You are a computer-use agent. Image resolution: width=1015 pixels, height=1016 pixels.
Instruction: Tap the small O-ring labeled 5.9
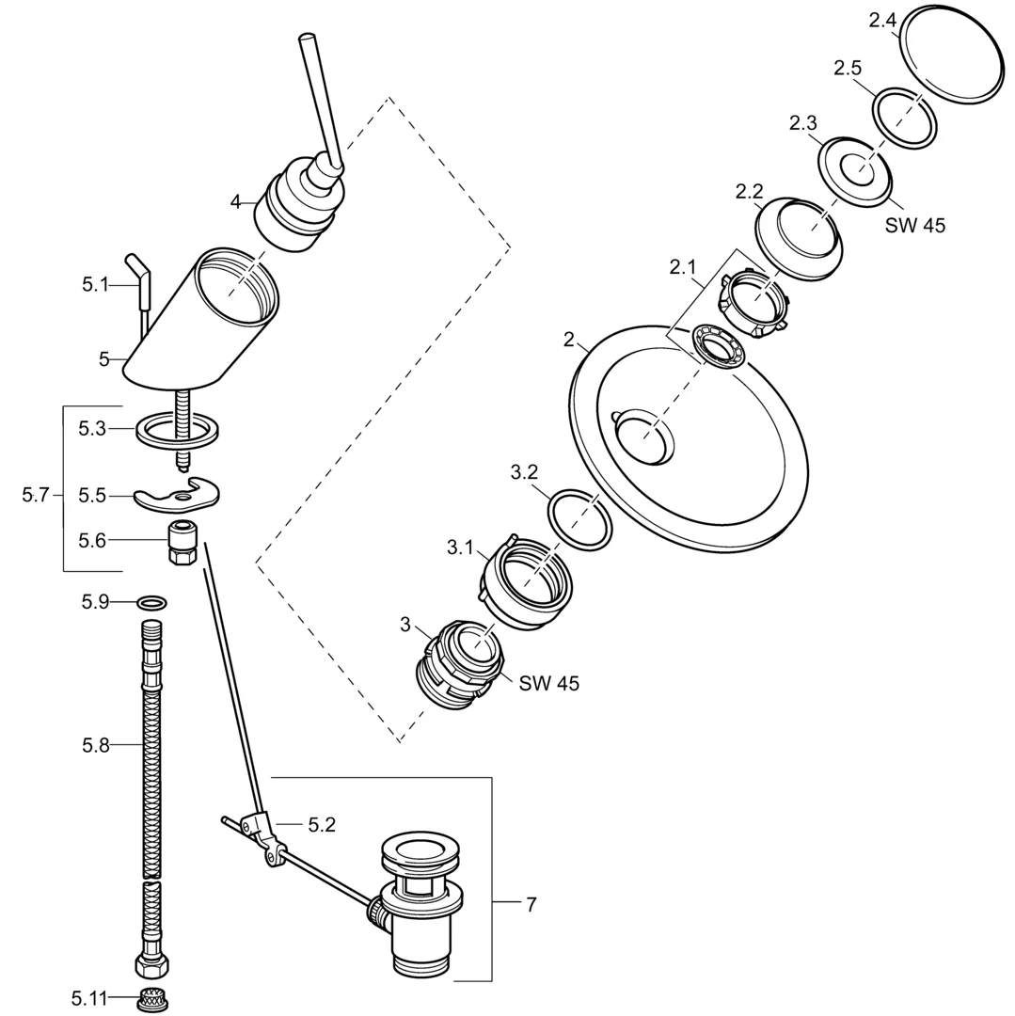(153, 601)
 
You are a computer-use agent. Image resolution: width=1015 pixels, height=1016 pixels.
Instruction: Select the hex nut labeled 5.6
(181, 543)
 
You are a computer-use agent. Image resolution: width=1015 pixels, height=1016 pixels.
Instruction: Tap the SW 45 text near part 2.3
(915, 226)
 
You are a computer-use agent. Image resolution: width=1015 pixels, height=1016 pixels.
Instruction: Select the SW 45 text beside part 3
(548, 684)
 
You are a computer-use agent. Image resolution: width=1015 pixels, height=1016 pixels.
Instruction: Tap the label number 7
(531, 905)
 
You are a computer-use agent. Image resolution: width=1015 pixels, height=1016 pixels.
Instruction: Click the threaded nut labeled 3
(458, 662)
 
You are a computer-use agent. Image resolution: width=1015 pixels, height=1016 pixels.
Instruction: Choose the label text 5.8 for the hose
(96, 745)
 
